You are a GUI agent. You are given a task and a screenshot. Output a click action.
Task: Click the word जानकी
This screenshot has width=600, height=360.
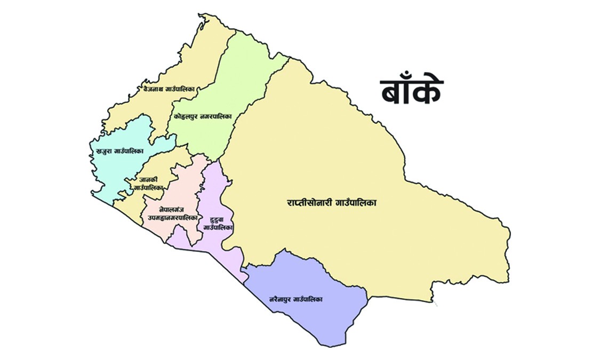(146, 180)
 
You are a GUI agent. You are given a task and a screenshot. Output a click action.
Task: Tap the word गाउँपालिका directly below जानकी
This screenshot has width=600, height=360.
(148, 188)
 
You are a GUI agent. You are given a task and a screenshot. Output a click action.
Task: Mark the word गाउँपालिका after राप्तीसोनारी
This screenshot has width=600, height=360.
(355, 203)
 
